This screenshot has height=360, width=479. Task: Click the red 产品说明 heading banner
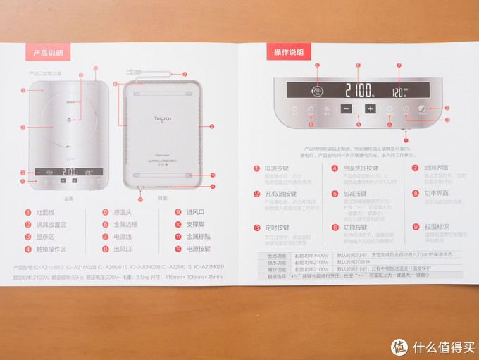click(x=48, y=53)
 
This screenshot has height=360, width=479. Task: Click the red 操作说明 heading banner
click(x=289, y=52)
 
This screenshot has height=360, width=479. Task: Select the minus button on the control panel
click(x=345, y=109)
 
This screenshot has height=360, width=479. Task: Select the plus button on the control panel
click(x=371, y=109)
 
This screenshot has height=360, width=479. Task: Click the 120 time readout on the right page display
click(x=399, y=91)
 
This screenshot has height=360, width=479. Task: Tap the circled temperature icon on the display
click(x=318, y=90)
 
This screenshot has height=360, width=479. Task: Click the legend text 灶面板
click(x=46, y=212)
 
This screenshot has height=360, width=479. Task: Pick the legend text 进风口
click(x=195, y=212)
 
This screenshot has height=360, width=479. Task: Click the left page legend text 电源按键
click(x=199, y=248)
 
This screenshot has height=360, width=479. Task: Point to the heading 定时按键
click(x=277, y=228)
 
